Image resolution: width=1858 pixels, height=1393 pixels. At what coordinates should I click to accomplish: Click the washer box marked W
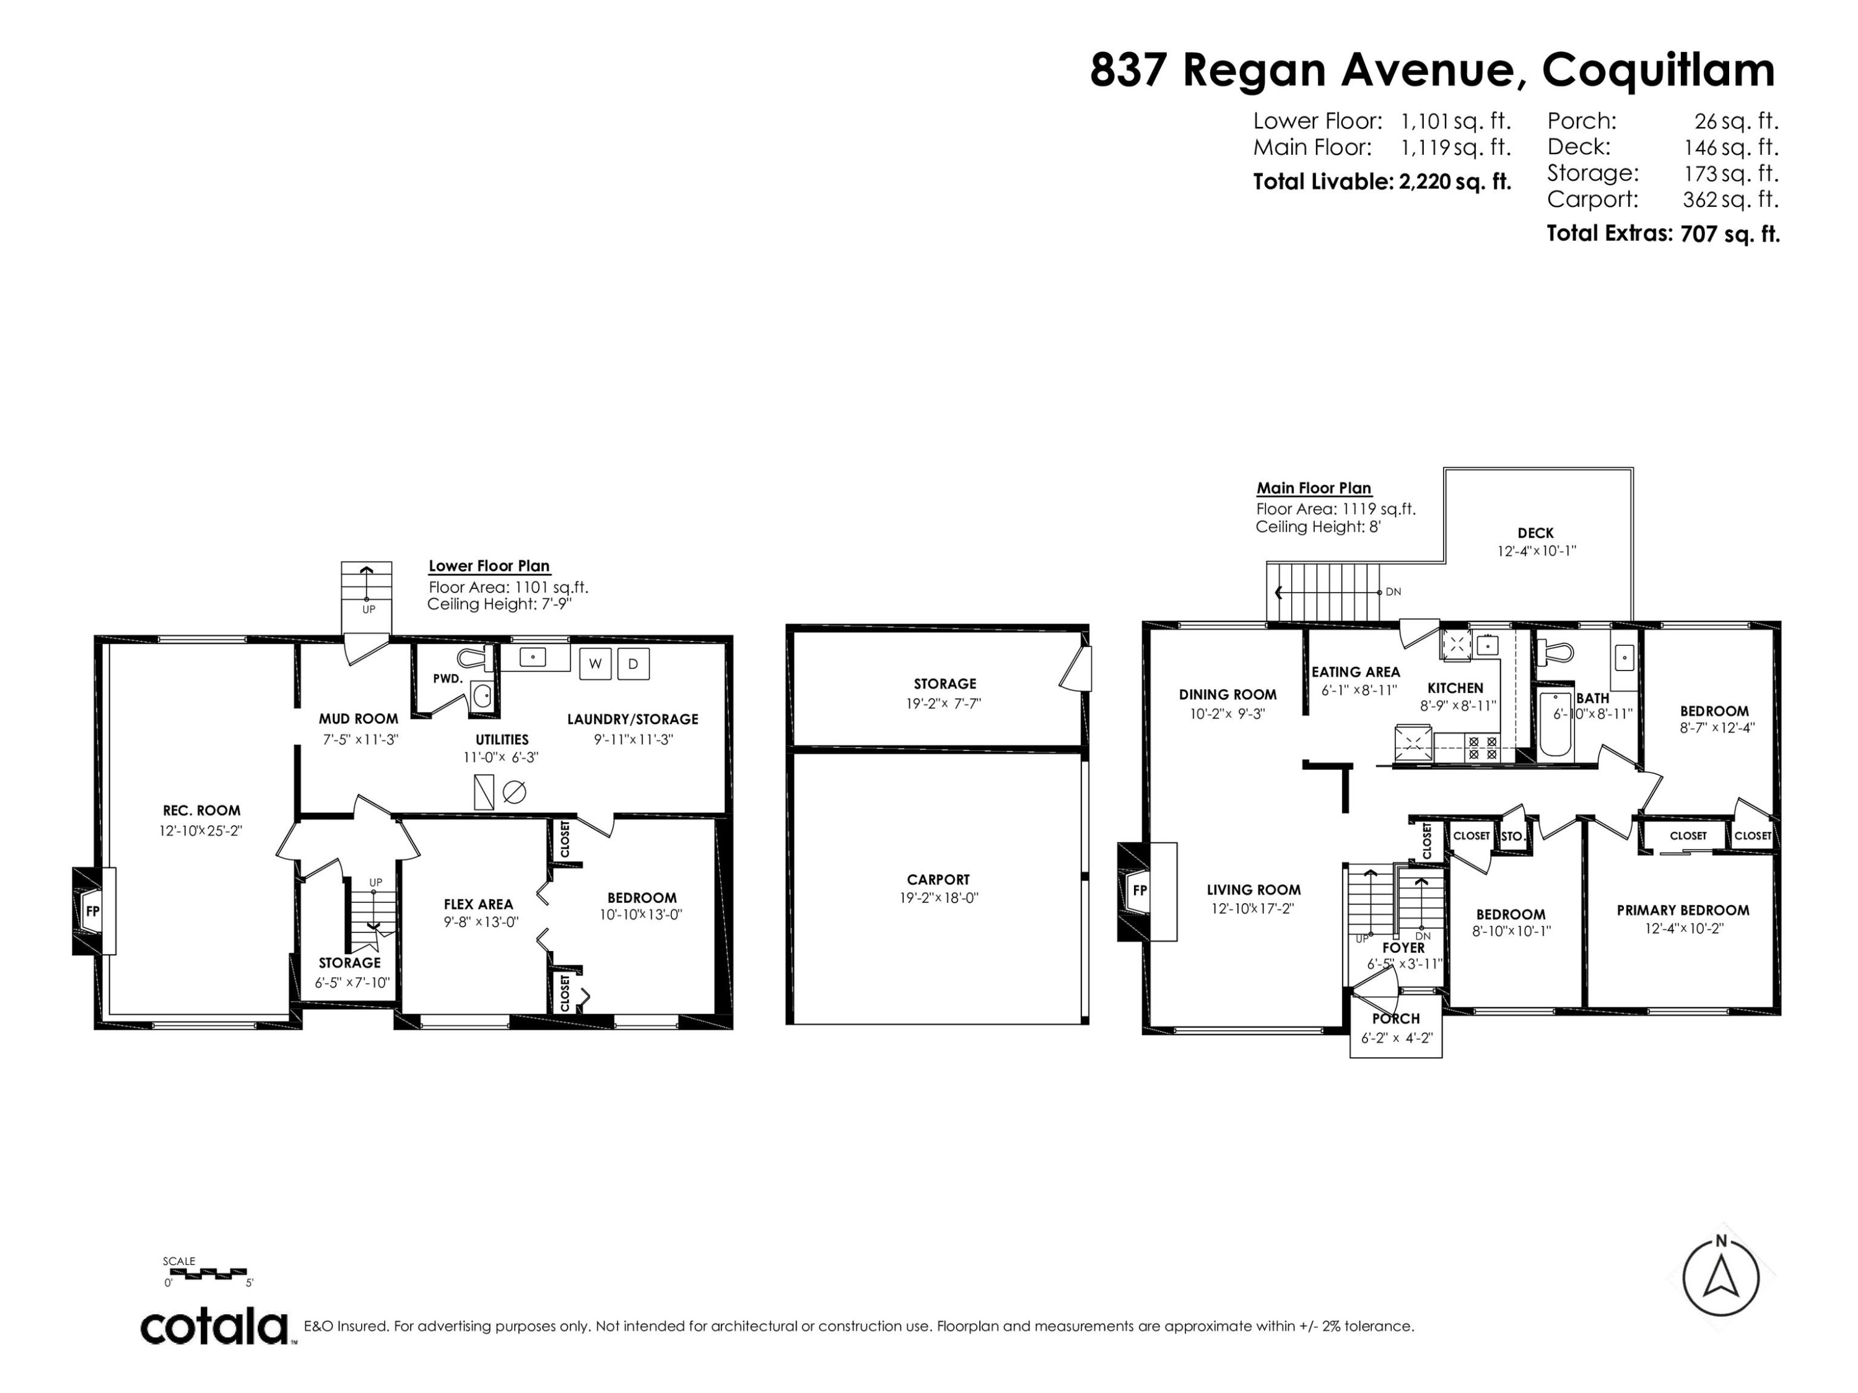pyautogui.click(x=596, y=663)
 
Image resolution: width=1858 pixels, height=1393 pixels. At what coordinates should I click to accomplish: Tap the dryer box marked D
pyautogui.click(x=634, y=663)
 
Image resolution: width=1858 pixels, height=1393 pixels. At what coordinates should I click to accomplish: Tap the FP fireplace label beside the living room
pyautogui.click(x=1140, y=890)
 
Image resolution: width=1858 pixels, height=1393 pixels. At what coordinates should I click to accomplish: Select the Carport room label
pyautogui.click(x=938, y=879)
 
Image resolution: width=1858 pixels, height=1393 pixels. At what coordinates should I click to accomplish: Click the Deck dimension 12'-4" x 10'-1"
pyautogui.click(x=1537, y=551)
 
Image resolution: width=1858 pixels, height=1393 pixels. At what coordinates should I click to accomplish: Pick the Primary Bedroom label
pyautogui.click(x=1683, y=909)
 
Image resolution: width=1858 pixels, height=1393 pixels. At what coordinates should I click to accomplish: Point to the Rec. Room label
pyautogui.click(x=201, y=810)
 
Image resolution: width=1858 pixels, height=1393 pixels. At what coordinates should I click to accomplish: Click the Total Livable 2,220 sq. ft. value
pyautogui.click(x=1455, y=181)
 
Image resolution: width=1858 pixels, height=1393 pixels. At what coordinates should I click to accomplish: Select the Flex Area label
pyautogui.click(x=478, y=905)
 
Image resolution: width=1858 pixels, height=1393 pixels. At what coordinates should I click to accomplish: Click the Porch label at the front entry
pyautogui.click(x=1396, y=1018)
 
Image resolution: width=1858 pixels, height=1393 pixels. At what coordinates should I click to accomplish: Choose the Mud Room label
pyautogui.click(x=359, y=719)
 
